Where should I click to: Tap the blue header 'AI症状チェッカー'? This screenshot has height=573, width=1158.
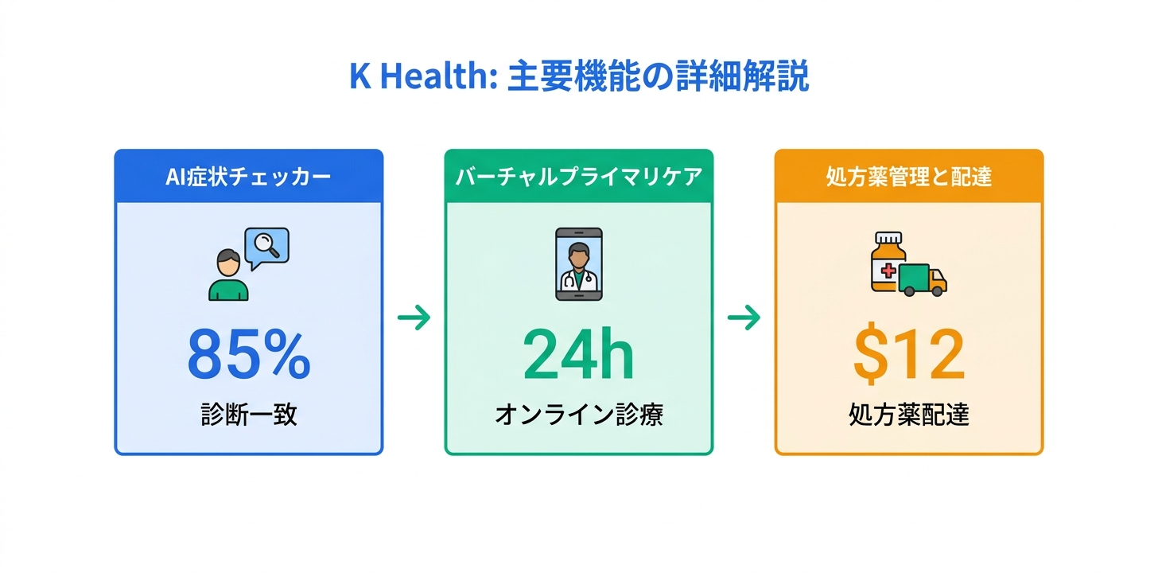248,177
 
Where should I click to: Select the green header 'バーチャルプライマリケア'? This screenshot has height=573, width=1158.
579,177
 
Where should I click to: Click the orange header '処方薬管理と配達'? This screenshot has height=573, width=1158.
909,177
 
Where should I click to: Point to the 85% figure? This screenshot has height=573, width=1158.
249,355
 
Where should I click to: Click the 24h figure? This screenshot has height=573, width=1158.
578,354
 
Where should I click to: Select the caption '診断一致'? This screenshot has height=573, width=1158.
249,415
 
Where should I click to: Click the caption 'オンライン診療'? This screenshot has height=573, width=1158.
579,415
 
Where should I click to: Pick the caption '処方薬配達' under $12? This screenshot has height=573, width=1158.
909,415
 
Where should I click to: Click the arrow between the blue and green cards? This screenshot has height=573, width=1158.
414,318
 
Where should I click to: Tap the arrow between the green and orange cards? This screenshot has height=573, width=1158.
744,318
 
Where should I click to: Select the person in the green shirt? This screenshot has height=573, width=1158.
228,275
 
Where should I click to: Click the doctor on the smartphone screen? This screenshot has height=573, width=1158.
579,267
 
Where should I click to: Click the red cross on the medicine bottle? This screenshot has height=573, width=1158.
888,271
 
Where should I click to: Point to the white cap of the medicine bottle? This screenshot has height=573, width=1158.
888,238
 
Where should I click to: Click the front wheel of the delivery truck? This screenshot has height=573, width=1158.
936,291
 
